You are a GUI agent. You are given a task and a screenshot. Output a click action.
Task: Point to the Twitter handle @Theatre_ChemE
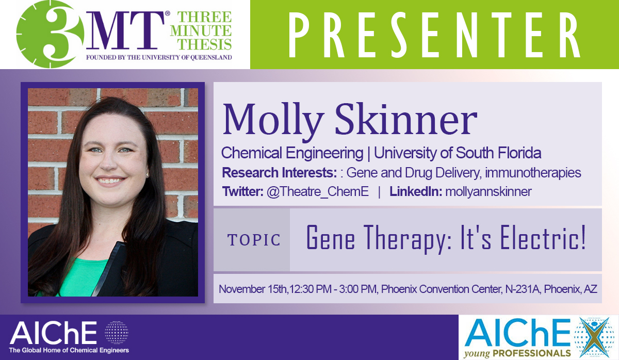[x=317, y=192]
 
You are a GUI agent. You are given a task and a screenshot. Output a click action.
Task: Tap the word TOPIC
[x=254, y=240]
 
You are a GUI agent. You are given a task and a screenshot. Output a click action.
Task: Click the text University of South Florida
[x=458, y=153]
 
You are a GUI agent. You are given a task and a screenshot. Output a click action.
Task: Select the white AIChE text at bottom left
[x=53, y=334]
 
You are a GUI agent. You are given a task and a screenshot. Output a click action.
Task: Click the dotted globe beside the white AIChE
[x=116, y=333]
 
